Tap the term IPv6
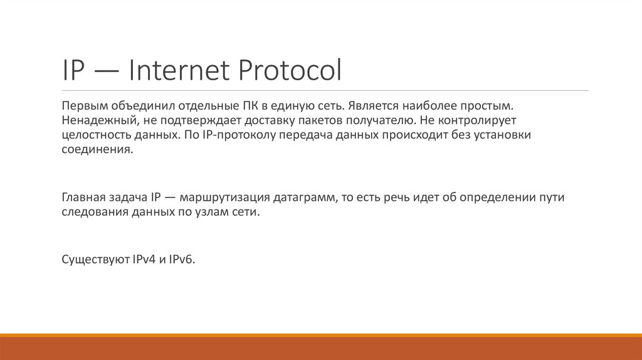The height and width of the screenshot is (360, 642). coord(182,260)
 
